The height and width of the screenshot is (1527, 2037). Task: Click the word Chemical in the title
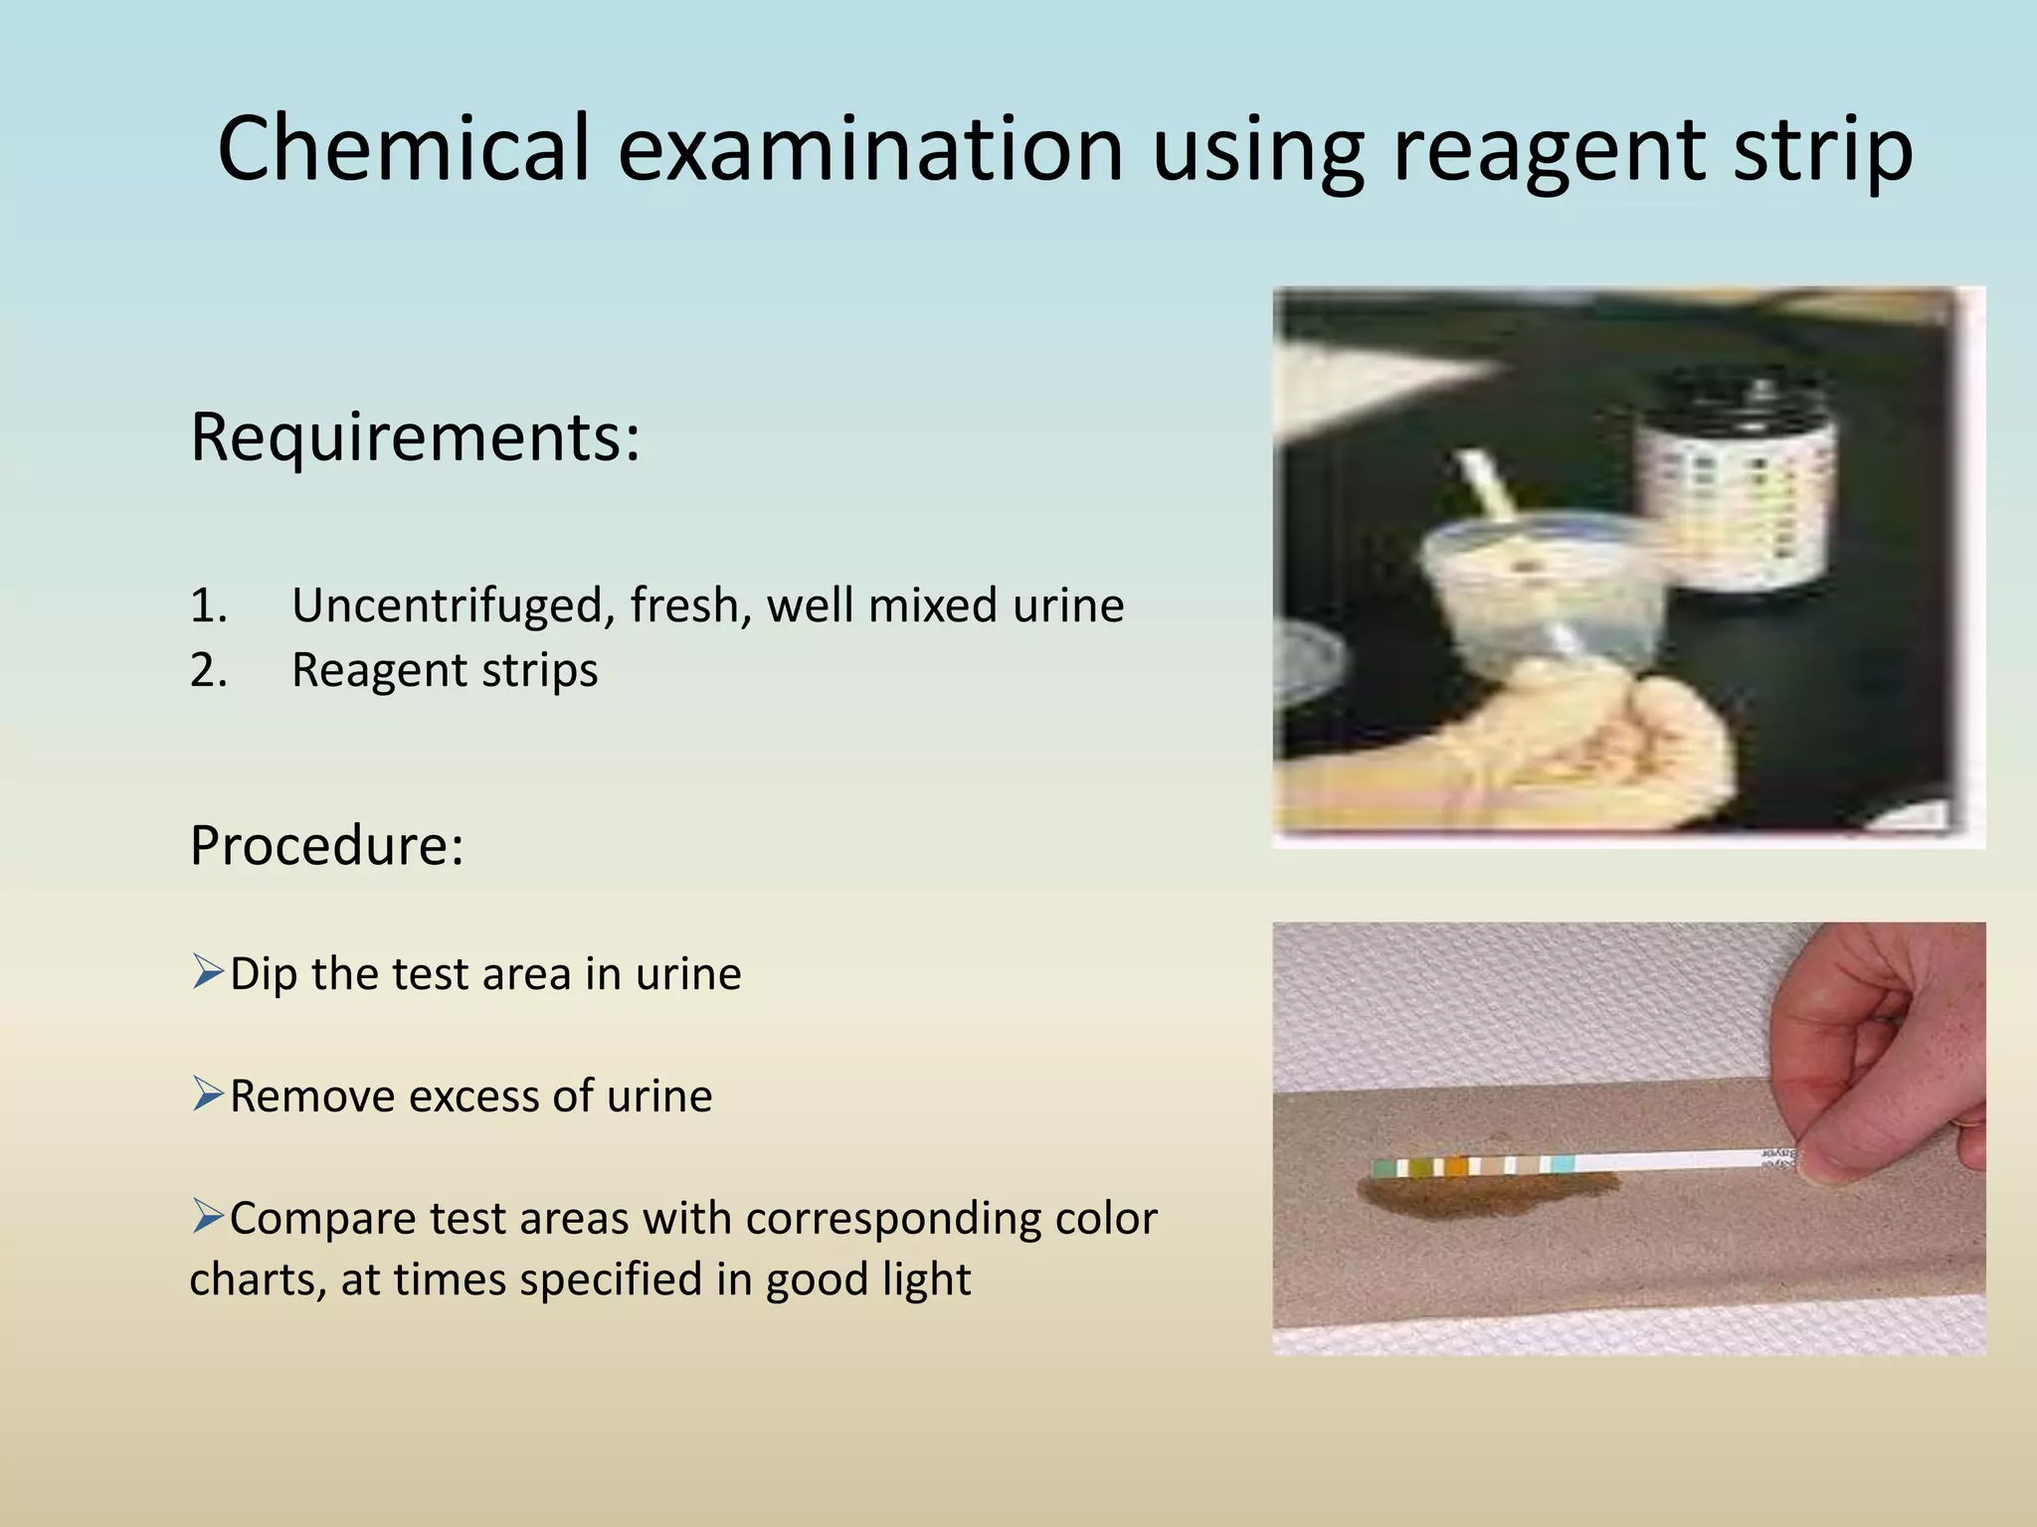pos(403,149)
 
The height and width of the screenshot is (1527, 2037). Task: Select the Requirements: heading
pos(415,437)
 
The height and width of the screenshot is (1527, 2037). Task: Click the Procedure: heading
pos(326,846)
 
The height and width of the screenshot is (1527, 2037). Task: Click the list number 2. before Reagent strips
pos(208,671)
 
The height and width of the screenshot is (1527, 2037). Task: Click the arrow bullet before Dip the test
pos(208,971)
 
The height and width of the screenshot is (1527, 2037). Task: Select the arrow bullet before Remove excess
pos(208,1094)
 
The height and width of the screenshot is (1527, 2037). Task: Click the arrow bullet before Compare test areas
pos(208,1216)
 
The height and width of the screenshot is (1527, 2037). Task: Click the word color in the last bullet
pos(1106,1218)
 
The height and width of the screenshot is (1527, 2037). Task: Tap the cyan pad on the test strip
pos(1563,1164)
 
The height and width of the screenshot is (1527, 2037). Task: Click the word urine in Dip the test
pos(688,973)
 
